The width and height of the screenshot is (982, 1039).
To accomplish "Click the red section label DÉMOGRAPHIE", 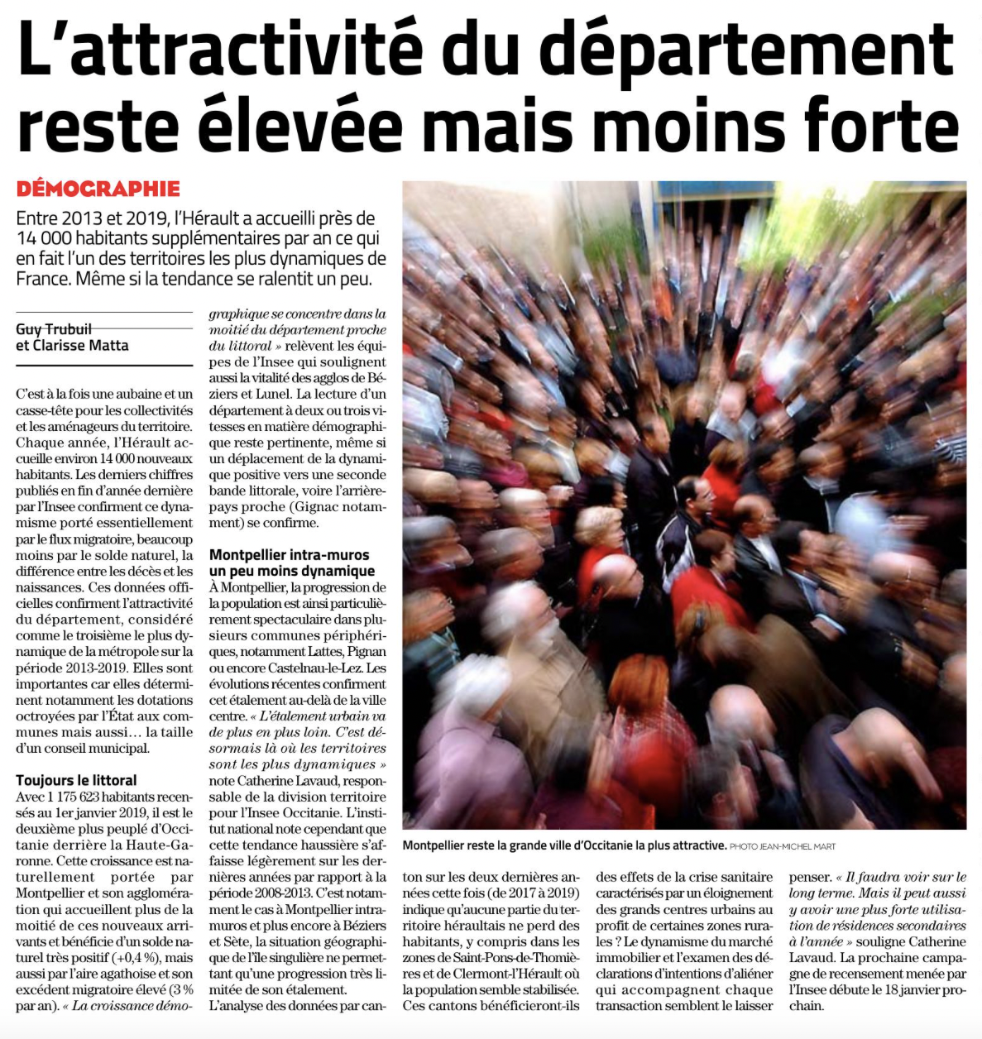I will pyautogui.click(x=98, y=189).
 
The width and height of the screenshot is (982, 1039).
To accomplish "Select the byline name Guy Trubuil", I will pyautogui.click(x=54, y=329).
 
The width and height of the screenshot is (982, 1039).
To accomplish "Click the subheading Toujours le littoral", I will pyautogui.click(x=76, y=780).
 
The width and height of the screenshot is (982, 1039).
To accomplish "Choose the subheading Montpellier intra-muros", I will pyautogui.click(x=289, y=555).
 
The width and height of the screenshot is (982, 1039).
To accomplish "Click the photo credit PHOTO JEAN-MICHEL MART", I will pyautogui.click(x=783, y=846).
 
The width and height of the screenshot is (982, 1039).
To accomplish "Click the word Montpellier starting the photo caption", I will pyautogui.click(x=439, y=845).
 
